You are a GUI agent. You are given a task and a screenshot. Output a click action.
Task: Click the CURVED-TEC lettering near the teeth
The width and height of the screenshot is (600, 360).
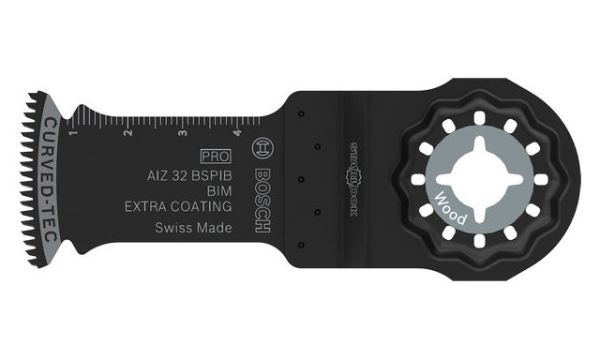[x=50, y=179]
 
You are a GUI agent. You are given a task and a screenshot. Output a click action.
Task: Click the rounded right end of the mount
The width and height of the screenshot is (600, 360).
[x=569, y=179]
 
